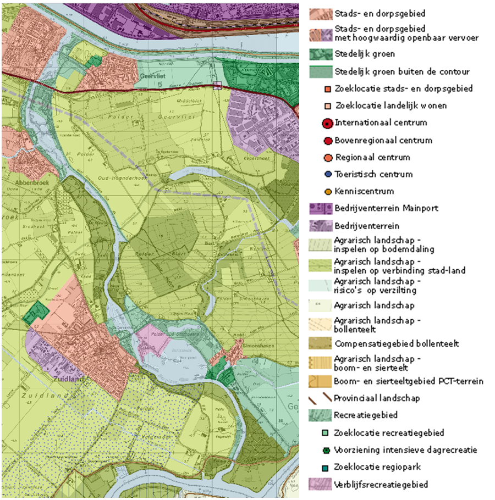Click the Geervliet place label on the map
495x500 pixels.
point(153,76)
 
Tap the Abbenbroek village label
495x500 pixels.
point(17,185)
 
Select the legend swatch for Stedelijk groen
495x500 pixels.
point(320,54)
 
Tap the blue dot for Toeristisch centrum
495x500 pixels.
point(327,175)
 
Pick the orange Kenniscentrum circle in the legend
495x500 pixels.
point(327,192)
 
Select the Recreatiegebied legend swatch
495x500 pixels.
point(320,415)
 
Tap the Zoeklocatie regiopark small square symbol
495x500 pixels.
point(327,468)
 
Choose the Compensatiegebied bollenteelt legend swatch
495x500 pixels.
point(320,344)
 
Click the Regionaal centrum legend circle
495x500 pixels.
point(327,158)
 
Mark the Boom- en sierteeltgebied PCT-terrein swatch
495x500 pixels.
point(320,381)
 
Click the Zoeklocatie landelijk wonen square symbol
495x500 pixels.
point(327,105)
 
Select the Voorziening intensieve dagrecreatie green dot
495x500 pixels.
point(327,450)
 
